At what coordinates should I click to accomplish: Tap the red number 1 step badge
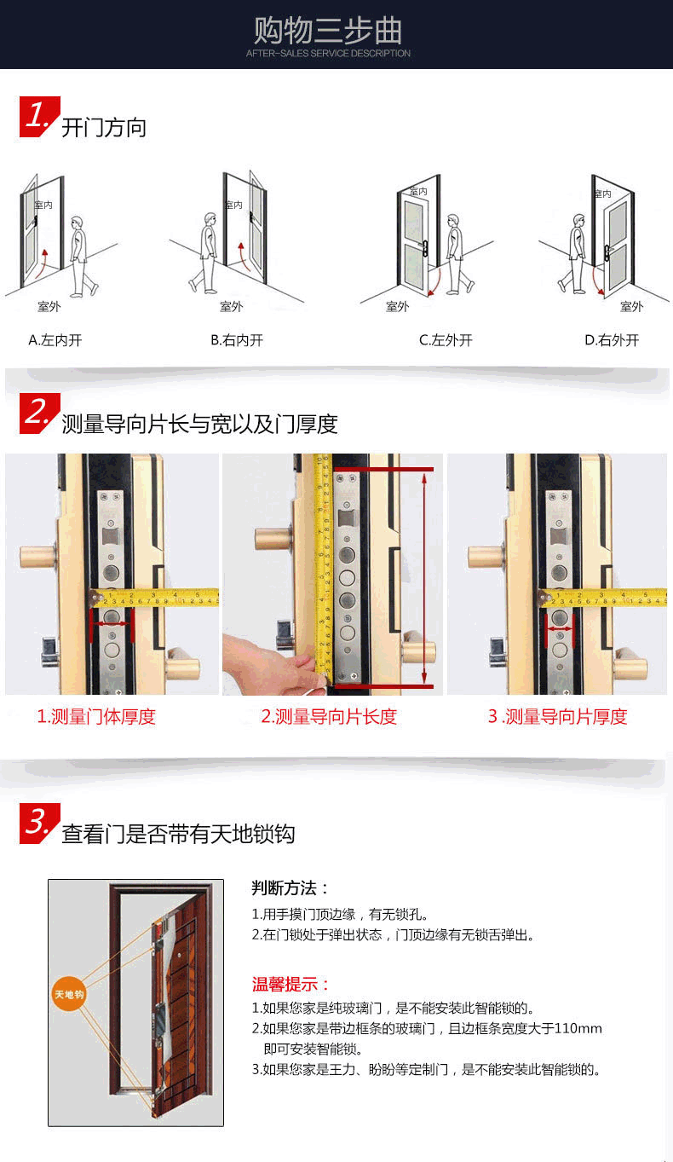[x=39, y=117]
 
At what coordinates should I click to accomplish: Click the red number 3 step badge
[x=39, y=824]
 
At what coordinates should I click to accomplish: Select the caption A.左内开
[x=55, y=340]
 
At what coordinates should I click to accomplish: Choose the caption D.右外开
[x=612, y=340]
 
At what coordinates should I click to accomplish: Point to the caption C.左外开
[x=446, y=340]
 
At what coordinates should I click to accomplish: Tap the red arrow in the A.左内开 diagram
[x=43, y=263]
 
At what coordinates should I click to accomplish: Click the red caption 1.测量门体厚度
[x=96, y=717]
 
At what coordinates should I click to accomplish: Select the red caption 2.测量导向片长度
[x=329, y=717]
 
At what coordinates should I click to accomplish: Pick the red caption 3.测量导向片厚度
[x=557, y=717]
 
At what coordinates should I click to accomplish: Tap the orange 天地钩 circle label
[x=69, y=994]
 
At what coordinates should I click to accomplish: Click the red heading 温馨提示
[x=290, y=984]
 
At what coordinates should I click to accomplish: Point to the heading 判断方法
[x=290, y=888]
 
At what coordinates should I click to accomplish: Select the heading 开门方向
[x=104, y=128]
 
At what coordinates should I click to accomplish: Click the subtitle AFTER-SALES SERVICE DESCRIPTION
[x=328, y=53]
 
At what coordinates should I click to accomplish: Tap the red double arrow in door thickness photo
[x=112, y=624]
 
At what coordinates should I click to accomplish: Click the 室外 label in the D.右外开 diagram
[x=631, y=307]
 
